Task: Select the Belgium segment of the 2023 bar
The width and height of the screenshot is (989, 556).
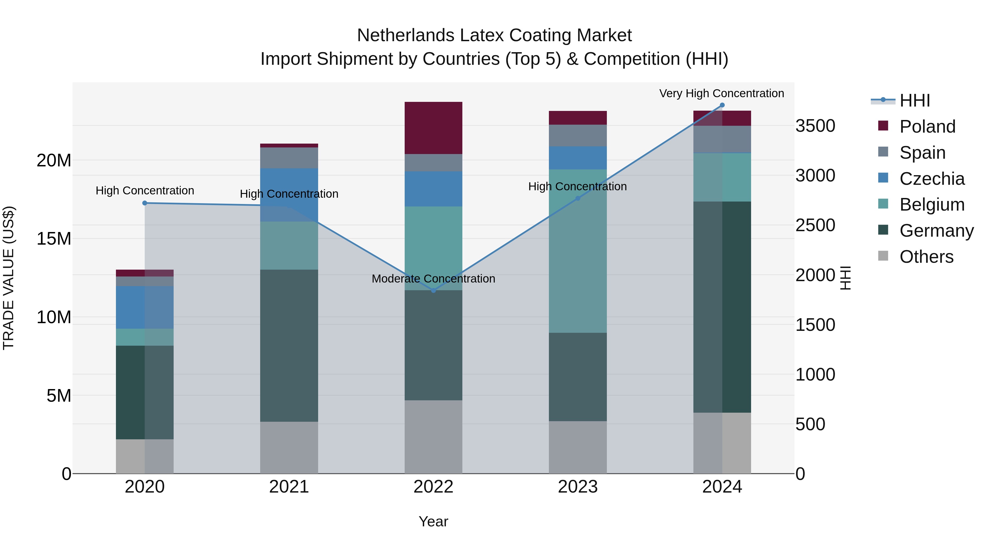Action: pyautogui.click(x=577, y=251)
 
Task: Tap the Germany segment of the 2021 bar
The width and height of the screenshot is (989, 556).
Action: pyautogui.click(x=289, y=345)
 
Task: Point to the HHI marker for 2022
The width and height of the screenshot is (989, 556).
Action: pyautogui.click(x=434, y=290)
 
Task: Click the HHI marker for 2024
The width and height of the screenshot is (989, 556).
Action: pyautogui.click(x=722, y=105)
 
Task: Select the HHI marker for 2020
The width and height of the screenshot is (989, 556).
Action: pyautogui.click(x=145, y=203)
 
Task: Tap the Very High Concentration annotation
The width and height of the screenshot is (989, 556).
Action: pyautogui.click(x=721, y=93)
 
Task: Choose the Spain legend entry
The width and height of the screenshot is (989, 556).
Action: pyautogui.click(x=922, y=153)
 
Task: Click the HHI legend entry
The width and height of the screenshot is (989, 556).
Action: pyautogui.click(x=915, y=100)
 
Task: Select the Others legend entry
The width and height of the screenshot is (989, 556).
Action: pyautogui.click(x=926, y=257)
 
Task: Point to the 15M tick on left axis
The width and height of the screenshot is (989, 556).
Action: pyautogui.click(x=54, y=239)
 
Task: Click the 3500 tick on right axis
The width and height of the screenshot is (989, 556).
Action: pyautogui.click(x=815, y=126)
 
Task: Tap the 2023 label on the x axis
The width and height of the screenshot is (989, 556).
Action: pyautogui.click(x=577, y=487)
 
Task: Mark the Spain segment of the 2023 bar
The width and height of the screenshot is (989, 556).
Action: pyautogui.click(x=577, y=135)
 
